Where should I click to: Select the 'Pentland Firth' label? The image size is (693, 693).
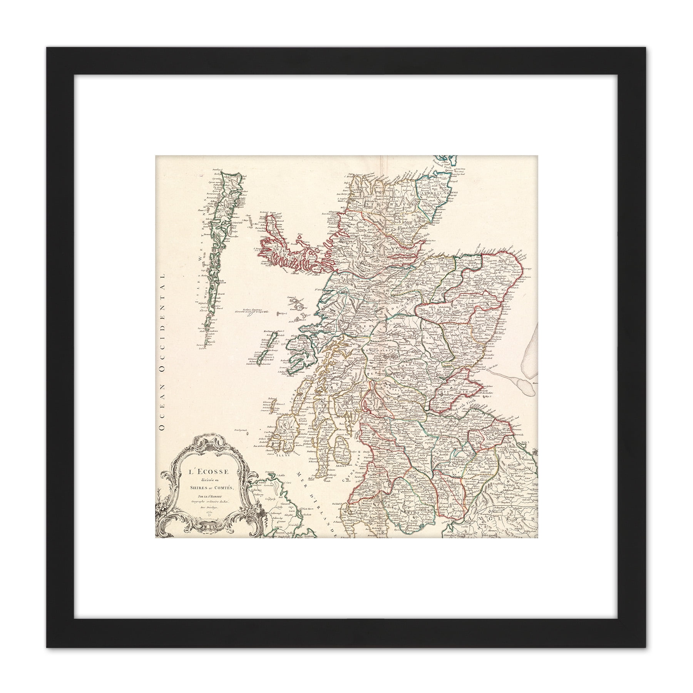coord(443,165)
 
